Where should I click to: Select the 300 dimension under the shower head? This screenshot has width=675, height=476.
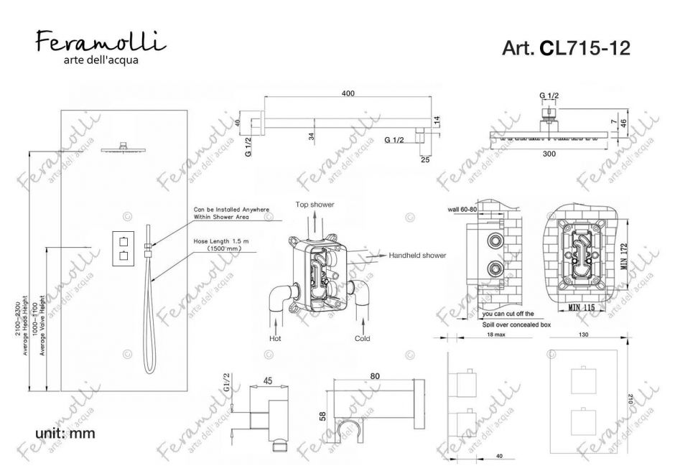click(549, 154)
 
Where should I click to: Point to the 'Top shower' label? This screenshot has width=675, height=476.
click(315, 205)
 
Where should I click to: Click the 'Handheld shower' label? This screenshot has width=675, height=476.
click(417, 255)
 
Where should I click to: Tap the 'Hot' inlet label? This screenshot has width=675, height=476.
click(274, 337)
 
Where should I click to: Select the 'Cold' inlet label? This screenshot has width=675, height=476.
click(363, 337)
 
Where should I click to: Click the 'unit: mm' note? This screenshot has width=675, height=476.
click(65, 433)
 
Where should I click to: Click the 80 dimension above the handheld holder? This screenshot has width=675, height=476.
click(374, 374)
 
